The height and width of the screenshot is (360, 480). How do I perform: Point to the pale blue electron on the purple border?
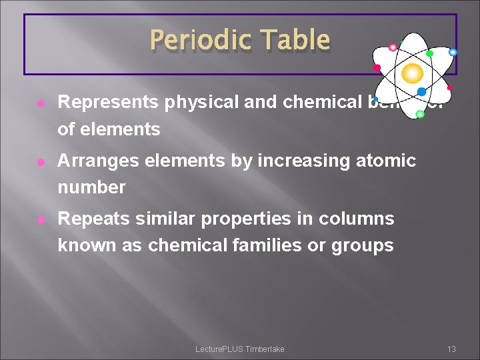click(453, 52)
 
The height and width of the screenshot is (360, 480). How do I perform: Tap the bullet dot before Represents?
click(41, 103)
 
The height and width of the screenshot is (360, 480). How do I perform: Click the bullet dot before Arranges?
click(41, 161)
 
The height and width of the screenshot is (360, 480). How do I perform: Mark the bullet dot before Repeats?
click(41, 219)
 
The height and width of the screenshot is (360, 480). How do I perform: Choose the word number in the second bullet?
click(91, 187)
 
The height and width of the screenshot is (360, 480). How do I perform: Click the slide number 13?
click(451, 349)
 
